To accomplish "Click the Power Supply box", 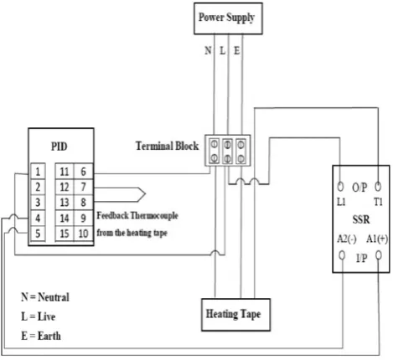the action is [x=228, y=18].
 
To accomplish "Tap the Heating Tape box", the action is [x=235, y=315].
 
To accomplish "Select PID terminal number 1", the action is [x=38, y=172].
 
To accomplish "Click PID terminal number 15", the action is [x=65, y=234].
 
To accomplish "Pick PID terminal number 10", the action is [x=83, y=234].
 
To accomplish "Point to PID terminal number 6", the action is [x=83, y=172].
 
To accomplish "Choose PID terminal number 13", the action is [x=65, y=202].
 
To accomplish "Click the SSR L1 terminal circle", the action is [x=340, y=186].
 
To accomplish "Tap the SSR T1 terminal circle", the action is [x=378, y=186].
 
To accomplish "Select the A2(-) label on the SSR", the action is [x=347, y=239].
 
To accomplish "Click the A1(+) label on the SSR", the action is [x=377, y=239].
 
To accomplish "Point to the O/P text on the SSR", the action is [x=359, y=188].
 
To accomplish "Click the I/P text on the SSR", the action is [x=361, y=258].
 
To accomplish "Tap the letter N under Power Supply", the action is [x=208, y=50].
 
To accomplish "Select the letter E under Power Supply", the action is [x=236, y=50].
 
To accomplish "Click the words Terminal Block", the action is [x=167, y=146].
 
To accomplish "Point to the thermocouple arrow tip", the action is [x=146, y=193].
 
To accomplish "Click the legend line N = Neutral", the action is [x=45, y=297].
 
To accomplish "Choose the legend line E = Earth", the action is [x=41, y=336].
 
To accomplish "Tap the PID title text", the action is [x=59, y=147].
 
